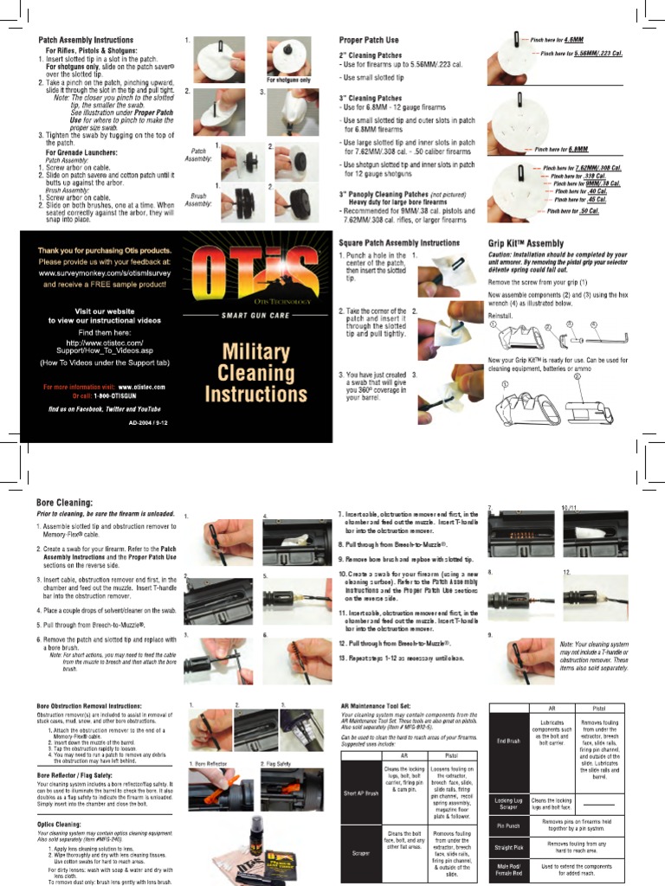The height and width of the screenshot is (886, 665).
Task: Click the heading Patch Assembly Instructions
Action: pos(86,41)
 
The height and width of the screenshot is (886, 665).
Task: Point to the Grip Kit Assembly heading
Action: pos(526,244)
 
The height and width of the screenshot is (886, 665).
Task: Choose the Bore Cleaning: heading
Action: pos(64,502)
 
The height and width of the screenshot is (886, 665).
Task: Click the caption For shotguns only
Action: pos(288,80)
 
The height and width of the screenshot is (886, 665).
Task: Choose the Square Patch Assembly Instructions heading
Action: pos(398,244)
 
